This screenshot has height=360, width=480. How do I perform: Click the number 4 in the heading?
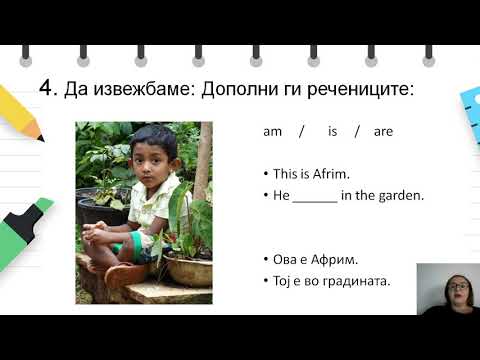(x=45, y=88)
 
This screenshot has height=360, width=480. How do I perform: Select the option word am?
(x=273, y=131)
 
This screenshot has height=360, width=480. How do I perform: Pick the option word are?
(x=383, y=131)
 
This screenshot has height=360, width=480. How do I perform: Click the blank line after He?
(x=315, y=196)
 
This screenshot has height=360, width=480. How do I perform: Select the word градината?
(x=356, y=280)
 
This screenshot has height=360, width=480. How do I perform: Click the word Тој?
(x=284, y=280)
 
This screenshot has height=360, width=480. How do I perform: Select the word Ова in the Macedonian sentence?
(x=286, y=259)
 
